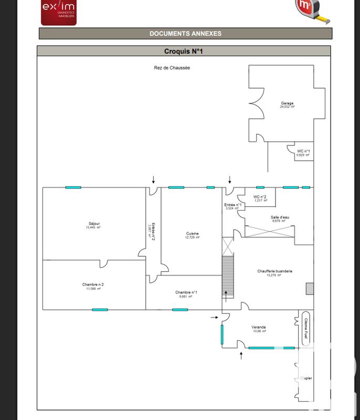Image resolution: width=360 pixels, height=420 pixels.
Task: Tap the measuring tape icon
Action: [x=313, y=10]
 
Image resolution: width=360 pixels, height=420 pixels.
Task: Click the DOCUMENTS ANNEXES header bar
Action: [x=185, y=34]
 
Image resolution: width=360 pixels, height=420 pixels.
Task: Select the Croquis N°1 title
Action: [x=183, y=51]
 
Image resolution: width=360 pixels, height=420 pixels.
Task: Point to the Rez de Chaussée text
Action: [x=172, y=68]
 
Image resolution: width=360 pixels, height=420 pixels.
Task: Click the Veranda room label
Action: [x=260, y=329]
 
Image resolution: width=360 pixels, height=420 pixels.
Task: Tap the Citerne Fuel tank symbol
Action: [x=306, y=329]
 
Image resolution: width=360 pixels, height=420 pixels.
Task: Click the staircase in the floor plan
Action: [x=227, y=273]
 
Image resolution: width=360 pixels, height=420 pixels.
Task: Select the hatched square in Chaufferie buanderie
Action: [x=310, y=288]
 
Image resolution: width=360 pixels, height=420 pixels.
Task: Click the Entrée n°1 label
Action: [x=232, y=206]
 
